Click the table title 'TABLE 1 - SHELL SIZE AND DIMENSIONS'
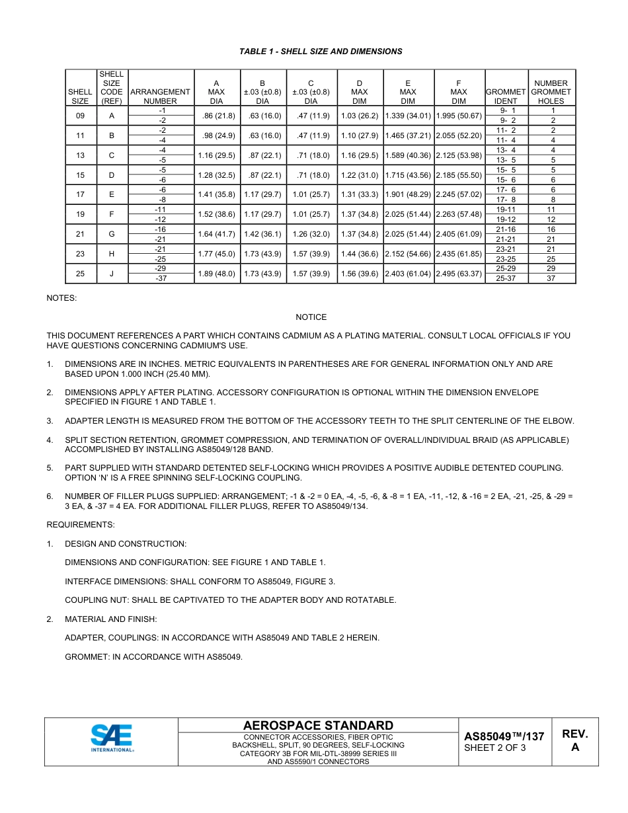(x=321, y=52)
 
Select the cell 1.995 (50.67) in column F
(x=458, y=116)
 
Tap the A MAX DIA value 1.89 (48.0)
(x=216, y=274)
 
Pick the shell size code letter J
(x=112, y=274)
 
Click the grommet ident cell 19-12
(x=506, y=219)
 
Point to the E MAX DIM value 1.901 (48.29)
(x=408, y=195)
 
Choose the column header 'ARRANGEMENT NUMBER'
(x=161, y=97)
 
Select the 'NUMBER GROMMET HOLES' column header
(x=551, y=93)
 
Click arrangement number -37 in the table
(x=161, y=279)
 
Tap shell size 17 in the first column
(x=80, y=195)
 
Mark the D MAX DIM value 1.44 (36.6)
(x=360, y=254)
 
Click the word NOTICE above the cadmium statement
(x=311, y=317)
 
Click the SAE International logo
(x=112, y=738)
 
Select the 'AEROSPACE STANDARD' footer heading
(x=318, y=725)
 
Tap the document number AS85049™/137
(x=504, y=736)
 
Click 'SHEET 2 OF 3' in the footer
(x=495, y=748)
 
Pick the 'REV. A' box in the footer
(x=574, y=740)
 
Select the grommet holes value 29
(x=551, y=269)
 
